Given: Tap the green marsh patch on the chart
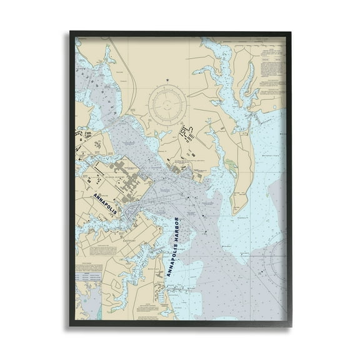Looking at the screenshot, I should click(x=232, y=166).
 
